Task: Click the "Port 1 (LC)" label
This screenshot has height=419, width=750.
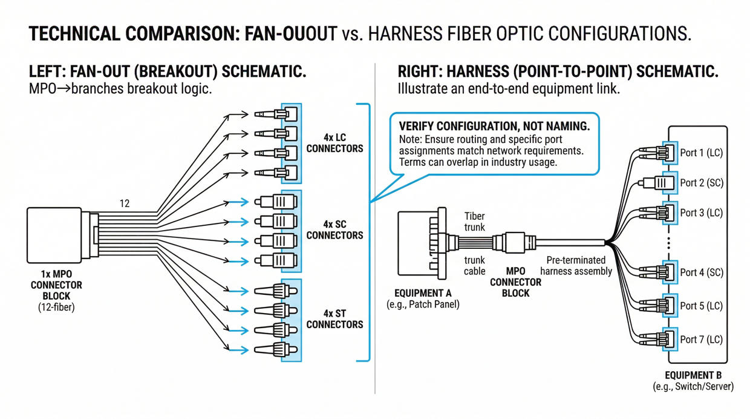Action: (x=701, y=153)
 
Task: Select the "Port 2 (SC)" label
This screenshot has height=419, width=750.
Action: (x=702, y=182)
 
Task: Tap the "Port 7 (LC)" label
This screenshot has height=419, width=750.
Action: (x=701, y=340)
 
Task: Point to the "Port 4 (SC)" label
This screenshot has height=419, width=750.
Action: (x=702, y=272)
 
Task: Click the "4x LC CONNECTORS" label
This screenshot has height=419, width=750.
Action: (x=334, y=143)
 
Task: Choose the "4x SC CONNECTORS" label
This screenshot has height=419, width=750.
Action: (x=334, y=229)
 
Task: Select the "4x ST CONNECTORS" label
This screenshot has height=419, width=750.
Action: (x=334, y=318)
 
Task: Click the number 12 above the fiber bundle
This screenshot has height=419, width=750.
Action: (x=124, y=204)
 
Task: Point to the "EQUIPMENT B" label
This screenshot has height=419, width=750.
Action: (x=693, y=375)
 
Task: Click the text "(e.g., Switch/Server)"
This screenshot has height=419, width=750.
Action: (x=693, y=386)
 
